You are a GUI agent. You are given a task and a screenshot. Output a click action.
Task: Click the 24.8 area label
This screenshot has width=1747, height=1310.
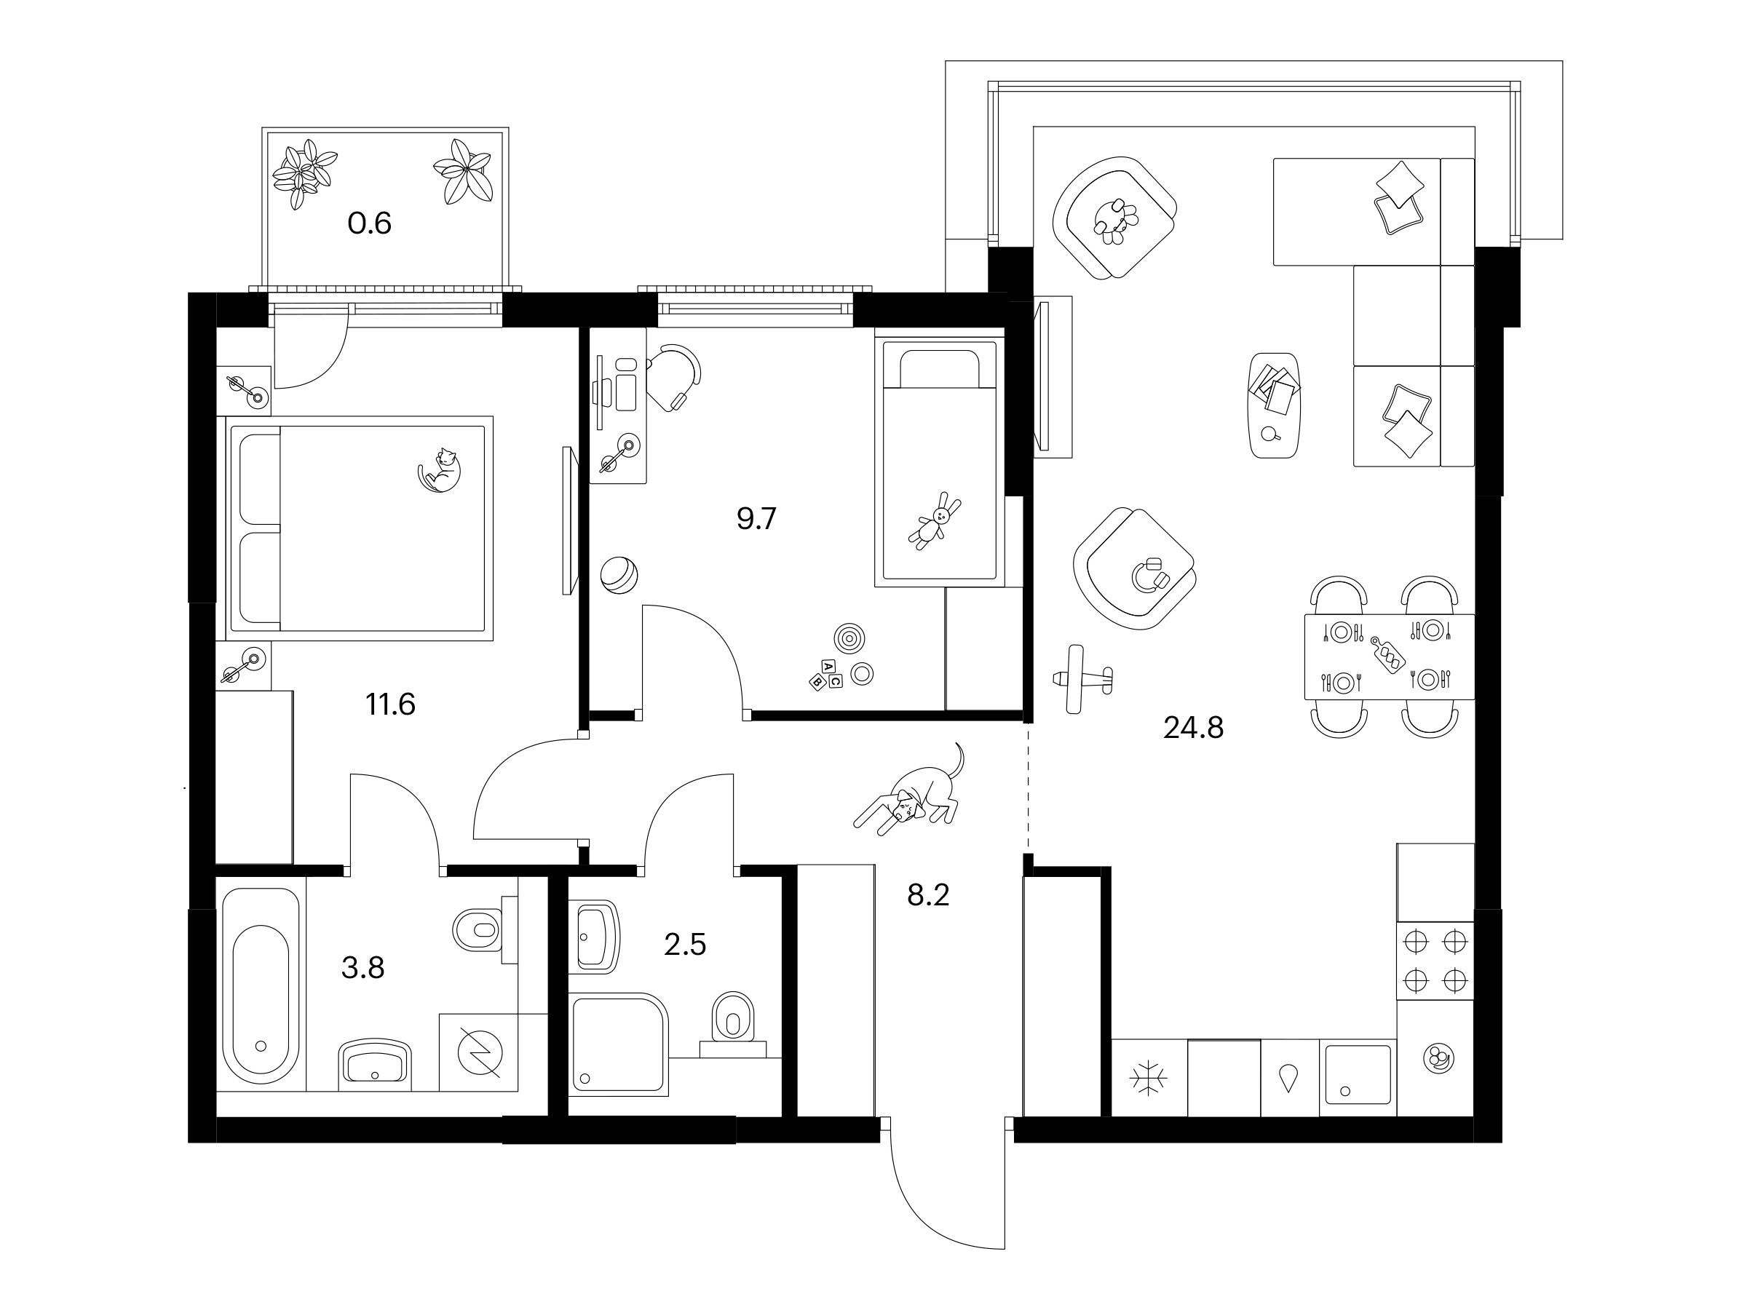[x=1192, y=728]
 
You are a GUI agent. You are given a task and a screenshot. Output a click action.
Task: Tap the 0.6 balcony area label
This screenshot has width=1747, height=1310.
[x=370, y=224]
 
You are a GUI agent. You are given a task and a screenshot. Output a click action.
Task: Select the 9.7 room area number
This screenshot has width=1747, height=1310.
[x=756, y=520]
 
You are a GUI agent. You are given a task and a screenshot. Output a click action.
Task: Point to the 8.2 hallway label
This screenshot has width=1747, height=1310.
[x=928, y=895]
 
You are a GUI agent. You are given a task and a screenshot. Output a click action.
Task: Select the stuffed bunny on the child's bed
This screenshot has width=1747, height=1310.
[x=935, y=520]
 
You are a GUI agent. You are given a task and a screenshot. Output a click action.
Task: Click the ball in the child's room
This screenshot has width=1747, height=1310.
[x=619, y=574]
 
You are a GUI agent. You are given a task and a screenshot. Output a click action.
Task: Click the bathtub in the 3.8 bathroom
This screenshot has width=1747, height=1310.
[x=261, y=985]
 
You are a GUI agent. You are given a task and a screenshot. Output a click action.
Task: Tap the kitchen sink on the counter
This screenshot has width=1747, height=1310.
[x=1358, y=1075]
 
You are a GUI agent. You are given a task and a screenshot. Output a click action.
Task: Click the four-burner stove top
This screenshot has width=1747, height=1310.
[x=1434, y=960]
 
